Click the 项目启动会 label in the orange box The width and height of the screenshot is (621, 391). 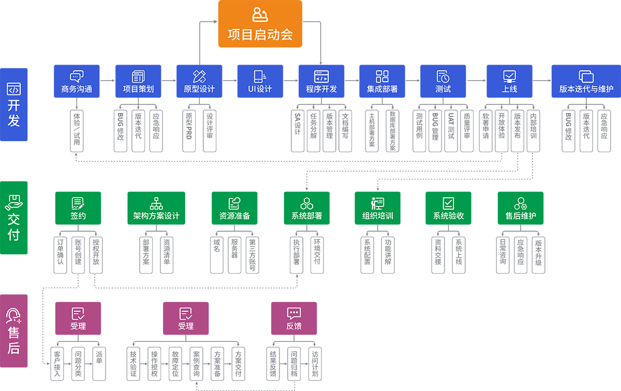pyautogui.click(x=260, y=35)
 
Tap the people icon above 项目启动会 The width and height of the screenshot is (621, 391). pyautogui.click(x=260, y=14)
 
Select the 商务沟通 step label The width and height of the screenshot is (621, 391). pyautogui.click(x=77, y=89)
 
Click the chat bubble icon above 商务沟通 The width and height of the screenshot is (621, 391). pyautogui.click(x=77, y=77)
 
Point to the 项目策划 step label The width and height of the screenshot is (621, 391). pyautogui.click(x=138, y=89)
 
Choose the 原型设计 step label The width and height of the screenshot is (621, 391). pyautogui.click(x=199, y=89)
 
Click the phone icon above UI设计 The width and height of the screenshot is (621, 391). pyautogui.click(x=260, y=77)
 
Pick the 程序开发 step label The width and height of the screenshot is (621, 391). pyautogui.click(x=321, y=89)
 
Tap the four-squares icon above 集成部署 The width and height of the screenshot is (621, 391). pyautogui.click(x=382, y=77)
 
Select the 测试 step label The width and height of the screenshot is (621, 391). pyautogui.click(x=443, y=89)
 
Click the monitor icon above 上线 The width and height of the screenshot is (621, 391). pyautogui.click(x=509, y=77)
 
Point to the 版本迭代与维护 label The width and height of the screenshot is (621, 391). pyautogui.click(x=586, y=89)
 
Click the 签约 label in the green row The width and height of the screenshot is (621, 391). pyautogui.click(x=78, y=216)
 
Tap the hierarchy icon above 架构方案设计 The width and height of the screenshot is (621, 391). pyautogui.click(x=156, y=203)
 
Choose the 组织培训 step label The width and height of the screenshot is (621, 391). pyautogui.click(x=377, y=216)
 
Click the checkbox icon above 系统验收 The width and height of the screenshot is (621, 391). pyautogui.click(x=448, y=203)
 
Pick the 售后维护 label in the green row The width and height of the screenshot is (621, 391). pyautogui.click(x=521, y=216)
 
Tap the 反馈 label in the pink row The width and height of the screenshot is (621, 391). pyautogui.click(x=294, y=326)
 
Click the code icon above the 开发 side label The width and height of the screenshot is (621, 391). pyautogui.click(x=13, y=88)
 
